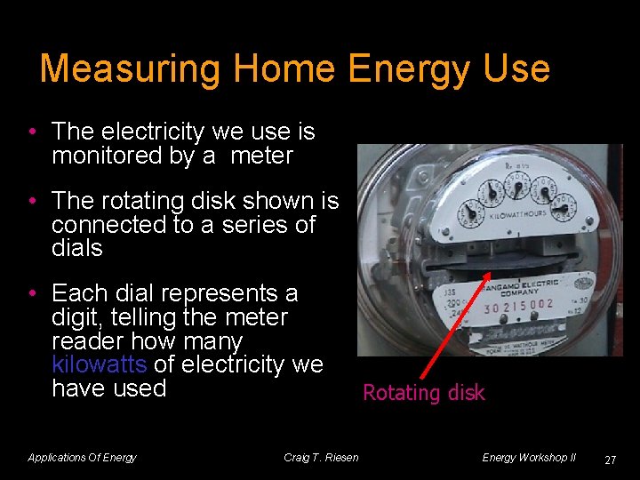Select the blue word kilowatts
click(100, 364)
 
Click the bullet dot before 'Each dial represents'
click(31, 294)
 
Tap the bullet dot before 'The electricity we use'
click(31, 132)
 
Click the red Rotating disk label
click(424, 393)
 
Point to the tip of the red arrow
click(490, 275)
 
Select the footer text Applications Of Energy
click(82, 458)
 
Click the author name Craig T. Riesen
click(321, 458)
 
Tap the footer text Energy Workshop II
click(529, 458)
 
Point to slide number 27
click(610, 460)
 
